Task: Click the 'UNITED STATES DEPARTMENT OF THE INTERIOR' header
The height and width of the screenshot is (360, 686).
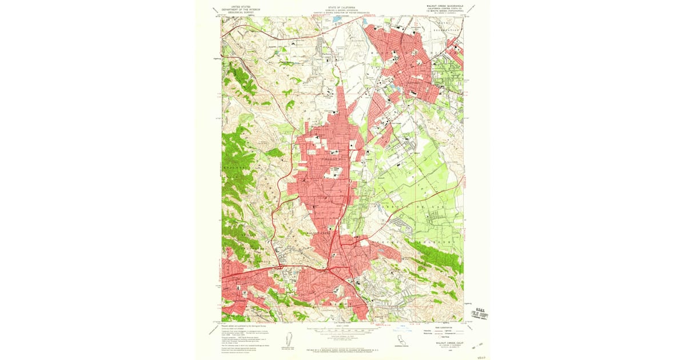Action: [240, 9]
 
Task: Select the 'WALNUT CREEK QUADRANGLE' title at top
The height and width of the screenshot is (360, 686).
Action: [442, 6]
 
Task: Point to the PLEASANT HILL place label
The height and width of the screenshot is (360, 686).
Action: [332, 158]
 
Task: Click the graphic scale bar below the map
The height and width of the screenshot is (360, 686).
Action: [342, 330]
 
